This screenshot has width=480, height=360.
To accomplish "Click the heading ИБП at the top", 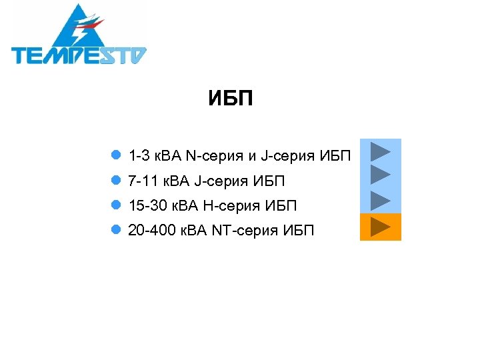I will click(x=230, y=100).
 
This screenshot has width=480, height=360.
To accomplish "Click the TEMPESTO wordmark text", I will click(x=79, y=55).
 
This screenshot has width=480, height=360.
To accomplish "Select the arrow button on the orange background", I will click(x=380, y=227).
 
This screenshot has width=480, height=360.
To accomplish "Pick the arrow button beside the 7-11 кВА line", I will click(x=380, y=175).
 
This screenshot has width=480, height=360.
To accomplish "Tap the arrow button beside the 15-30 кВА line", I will click(x=380, y=200).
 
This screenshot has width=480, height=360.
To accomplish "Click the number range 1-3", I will click(x=139, y=156).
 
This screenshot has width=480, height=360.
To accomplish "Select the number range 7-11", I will click(x=142, y=181).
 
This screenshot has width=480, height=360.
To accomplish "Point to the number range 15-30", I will click(x=145, y=206).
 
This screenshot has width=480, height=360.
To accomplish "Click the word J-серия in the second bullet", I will click(x=220, y=181).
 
